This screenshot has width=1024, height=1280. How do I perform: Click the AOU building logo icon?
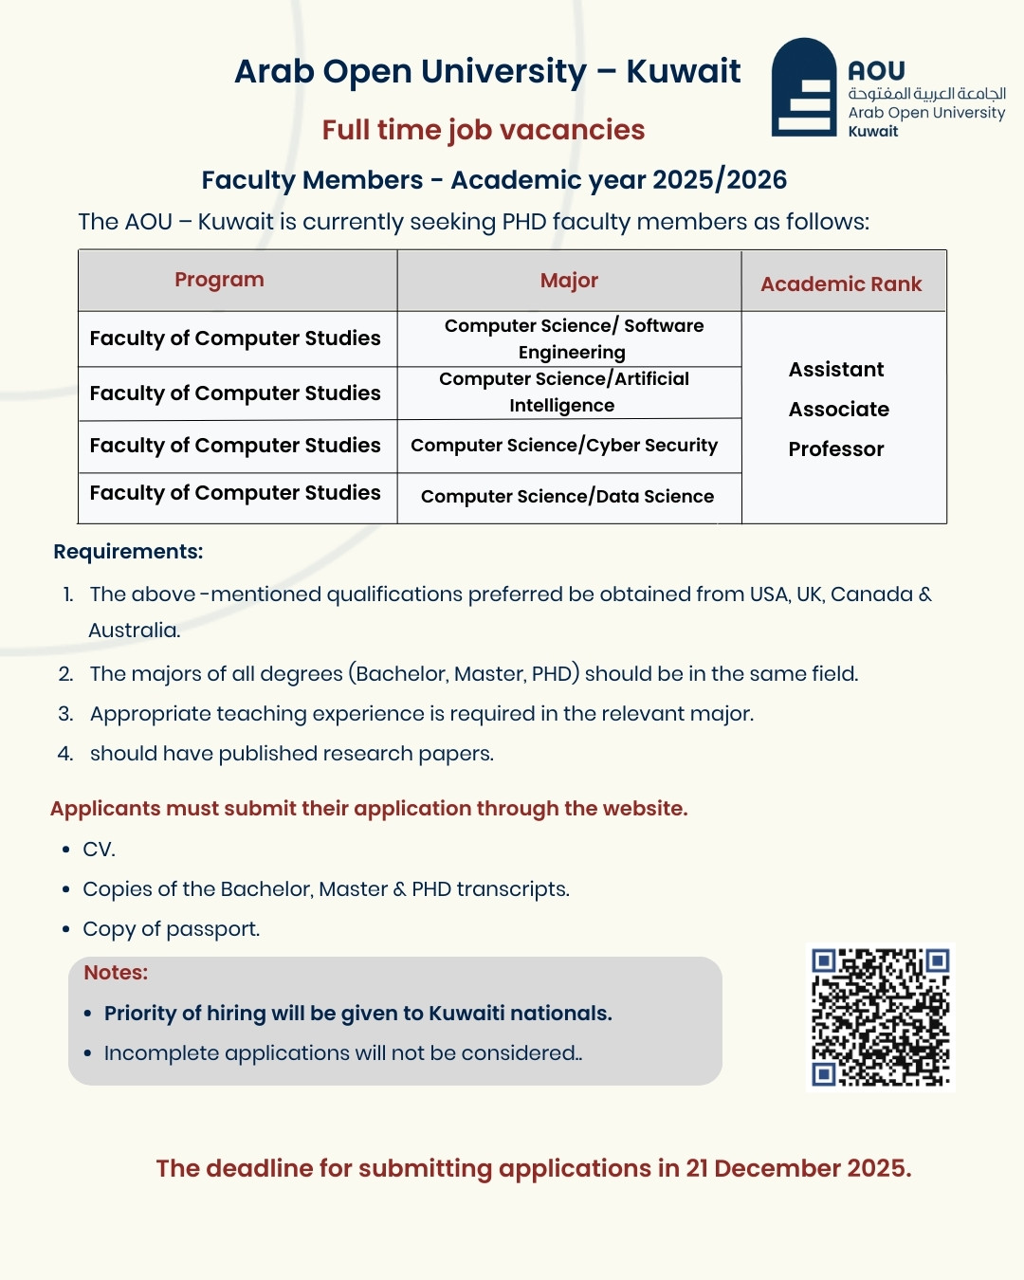tap(804, 87)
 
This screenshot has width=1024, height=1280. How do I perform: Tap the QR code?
tap(880, 1017)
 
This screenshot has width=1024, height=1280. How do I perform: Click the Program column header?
tap(219, 280)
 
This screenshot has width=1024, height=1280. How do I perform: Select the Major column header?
tap(569, 281)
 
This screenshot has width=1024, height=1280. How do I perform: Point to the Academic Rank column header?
tap(841, 284)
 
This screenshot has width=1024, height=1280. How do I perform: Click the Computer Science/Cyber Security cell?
tap(564, 446)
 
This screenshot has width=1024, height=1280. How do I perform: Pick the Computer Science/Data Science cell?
tap(567, 497)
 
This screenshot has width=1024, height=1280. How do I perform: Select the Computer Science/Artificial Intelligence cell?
tap(564, 392)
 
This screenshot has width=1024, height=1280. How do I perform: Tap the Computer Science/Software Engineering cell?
tap(574, 338)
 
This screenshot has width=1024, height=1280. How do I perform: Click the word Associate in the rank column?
tap(839, 410)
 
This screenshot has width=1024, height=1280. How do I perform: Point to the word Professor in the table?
tap(836, 449)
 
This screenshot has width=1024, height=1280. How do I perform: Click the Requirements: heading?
tap(128, 552)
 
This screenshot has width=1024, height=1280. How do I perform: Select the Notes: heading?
tap(116, 973)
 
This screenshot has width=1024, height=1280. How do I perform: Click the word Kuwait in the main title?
tap(683, 72)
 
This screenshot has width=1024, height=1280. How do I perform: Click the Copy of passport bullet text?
tap(171, 929)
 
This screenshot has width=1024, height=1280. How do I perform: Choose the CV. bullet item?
tap(99, 850)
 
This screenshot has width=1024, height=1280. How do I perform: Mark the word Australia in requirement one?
tap(134, 631)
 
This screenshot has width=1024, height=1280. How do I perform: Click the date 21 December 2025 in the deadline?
tap(796, 1168)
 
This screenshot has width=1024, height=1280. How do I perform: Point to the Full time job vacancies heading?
tap(483, 130)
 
